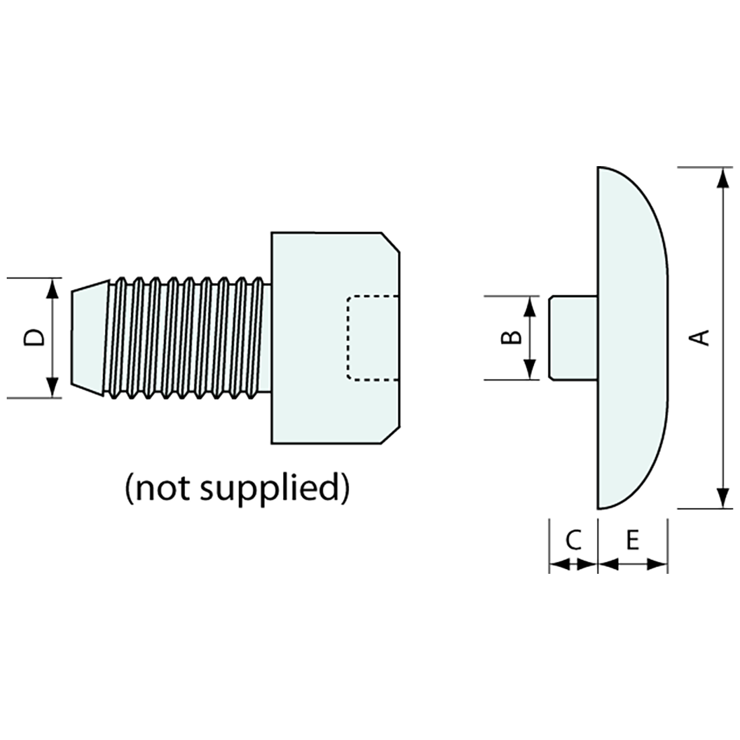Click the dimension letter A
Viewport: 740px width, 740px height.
click(x=702, y=337)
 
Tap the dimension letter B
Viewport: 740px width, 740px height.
click(x=511, y=337)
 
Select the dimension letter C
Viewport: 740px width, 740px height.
click(x=572, y=540)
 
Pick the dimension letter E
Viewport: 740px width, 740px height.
click(x=632, y=540)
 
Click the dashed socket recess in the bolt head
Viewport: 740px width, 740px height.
click(x=372, y=338)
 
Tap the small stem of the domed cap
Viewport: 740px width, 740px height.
click(x=572, y=337)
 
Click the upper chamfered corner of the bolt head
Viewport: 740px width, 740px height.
click(x=391, y=242)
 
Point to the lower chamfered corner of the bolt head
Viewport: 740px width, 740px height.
click(x=391, y=434)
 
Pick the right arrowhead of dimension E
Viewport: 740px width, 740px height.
click(x=657, y=564)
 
